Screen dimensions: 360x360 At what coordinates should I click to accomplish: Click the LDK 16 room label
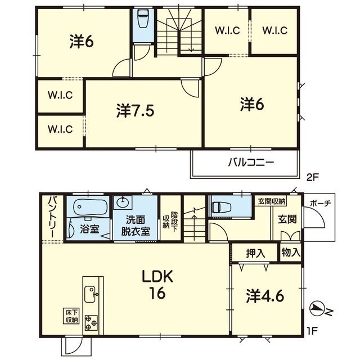click(157, 285)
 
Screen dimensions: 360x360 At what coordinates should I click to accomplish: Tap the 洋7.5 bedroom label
click(135, 111)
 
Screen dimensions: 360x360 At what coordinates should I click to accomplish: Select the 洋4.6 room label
click(265, 296)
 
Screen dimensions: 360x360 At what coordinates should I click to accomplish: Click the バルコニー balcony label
click(251, 163)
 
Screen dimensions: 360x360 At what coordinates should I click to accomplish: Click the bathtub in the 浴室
click(91, 207)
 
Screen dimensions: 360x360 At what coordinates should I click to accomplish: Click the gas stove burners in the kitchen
click(91, 323)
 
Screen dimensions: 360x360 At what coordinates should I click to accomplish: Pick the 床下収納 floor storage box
click(71, 316)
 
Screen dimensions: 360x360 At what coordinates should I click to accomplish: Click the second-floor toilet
click(143, 19)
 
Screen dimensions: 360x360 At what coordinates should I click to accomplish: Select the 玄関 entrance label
click(287, 219)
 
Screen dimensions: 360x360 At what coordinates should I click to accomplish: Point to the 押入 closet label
click(255, 254)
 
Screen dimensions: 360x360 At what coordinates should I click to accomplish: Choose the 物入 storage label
click(291, 253)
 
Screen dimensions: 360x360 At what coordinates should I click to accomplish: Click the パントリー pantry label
click(53, 217)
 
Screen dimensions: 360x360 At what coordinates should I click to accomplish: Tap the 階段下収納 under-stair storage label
click(170, 222)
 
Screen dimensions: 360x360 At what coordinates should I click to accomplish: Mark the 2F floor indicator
click(313, 177)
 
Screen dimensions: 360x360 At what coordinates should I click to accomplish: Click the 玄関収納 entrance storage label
click(272, 201)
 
